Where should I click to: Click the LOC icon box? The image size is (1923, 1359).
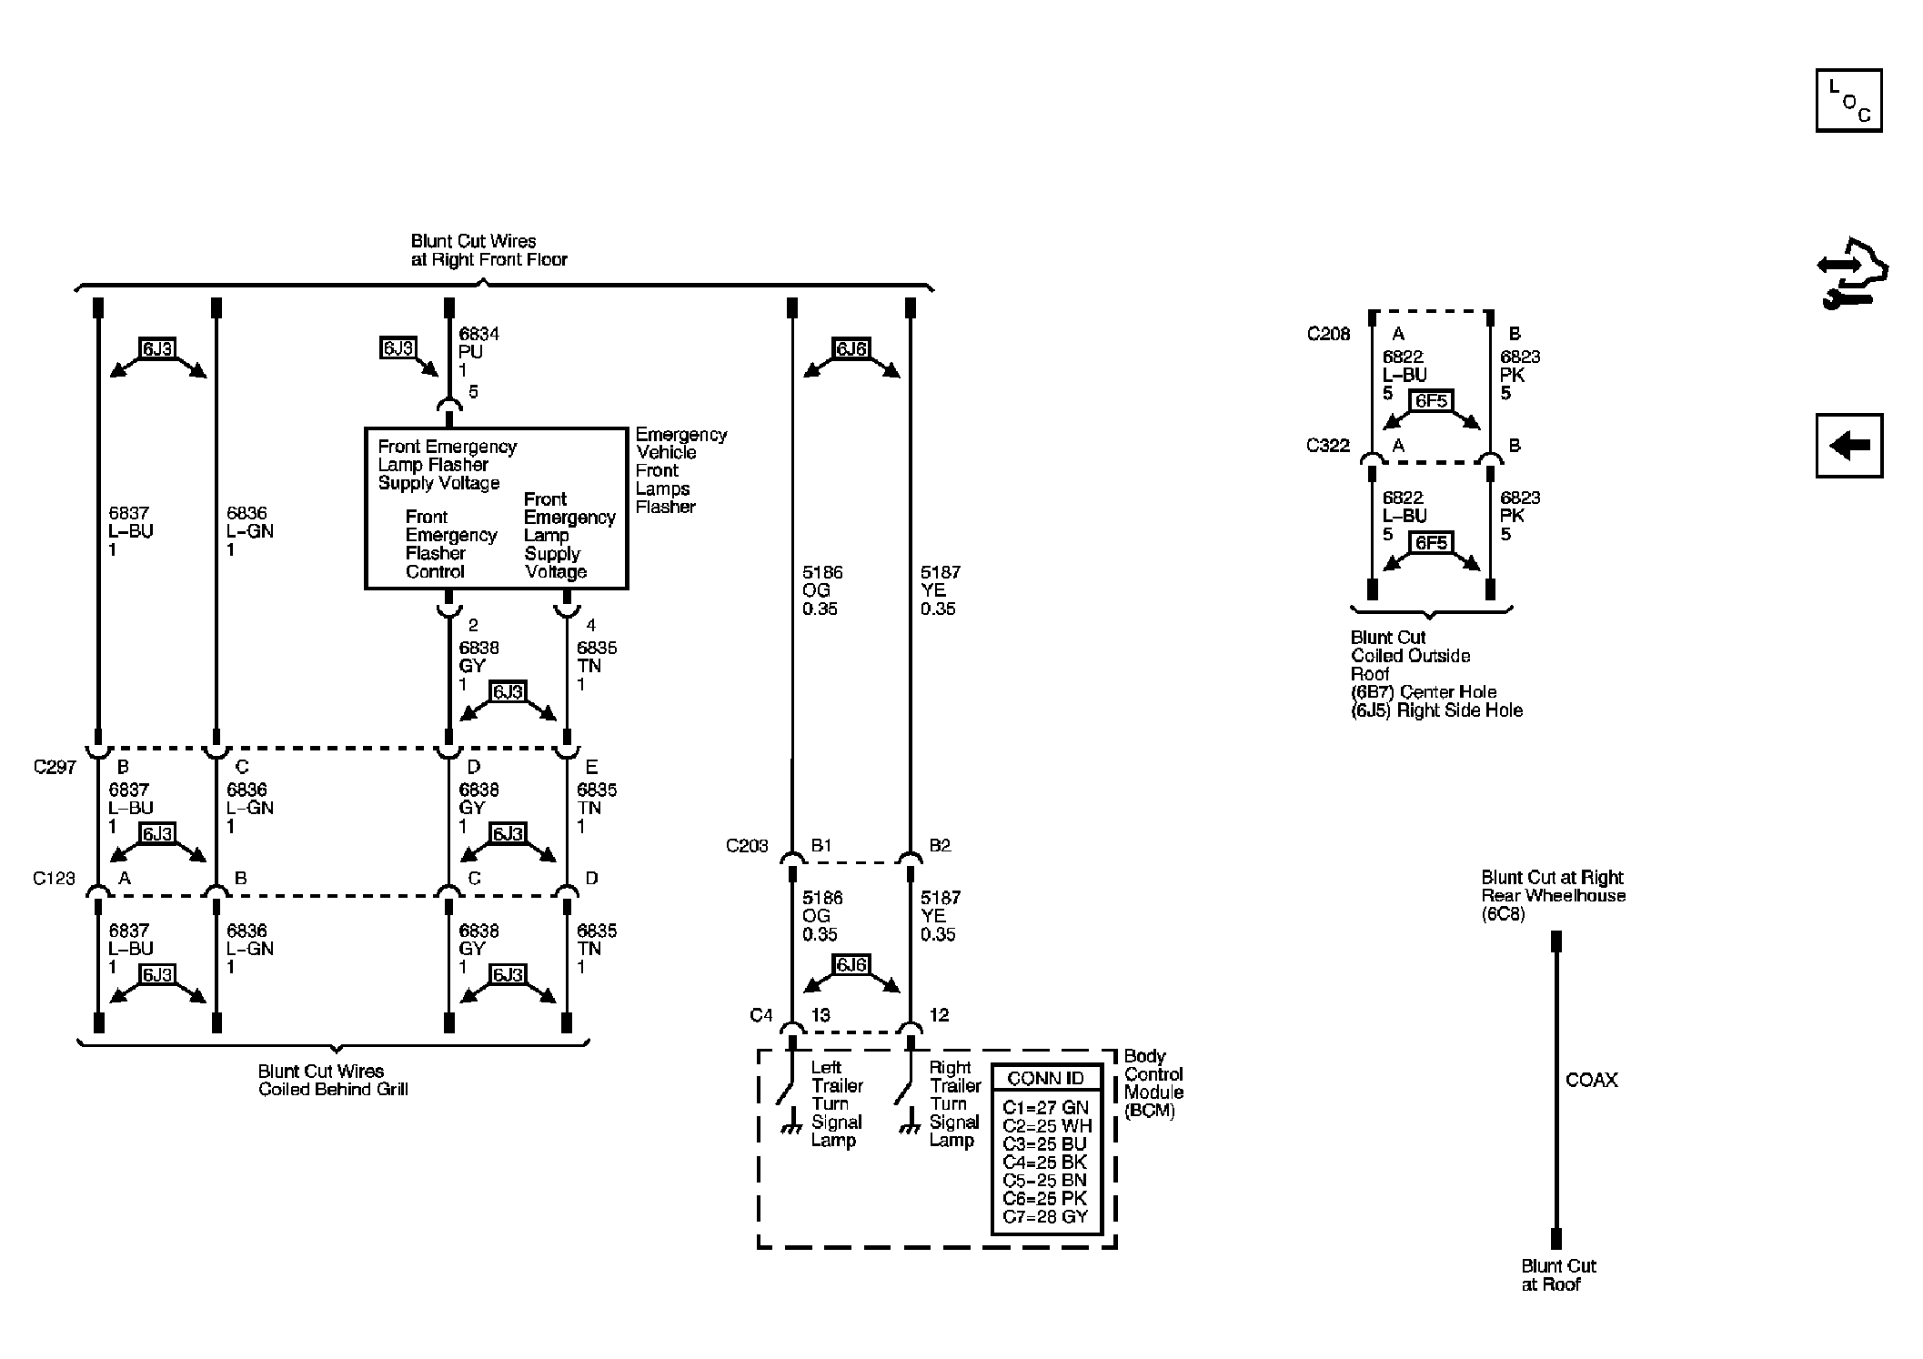click(x=1848, y=100)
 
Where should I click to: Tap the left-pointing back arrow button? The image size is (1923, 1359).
click(x=1848, y=446)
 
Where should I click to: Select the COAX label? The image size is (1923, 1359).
click(x=1592, y=1081)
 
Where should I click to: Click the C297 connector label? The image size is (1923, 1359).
click(x=55, y=767)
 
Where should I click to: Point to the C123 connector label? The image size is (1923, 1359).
click(x=55, y=879)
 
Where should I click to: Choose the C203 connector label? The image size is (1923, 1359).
click(x=747, y=846)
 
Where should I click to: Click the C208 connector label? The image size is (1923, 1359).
click(x=1328, y=334)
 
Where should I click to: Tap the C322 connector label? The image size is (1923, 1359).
click(x=1328, y=446)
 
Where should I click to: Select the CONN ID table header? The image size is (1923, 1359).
click(x=1045, y=1079)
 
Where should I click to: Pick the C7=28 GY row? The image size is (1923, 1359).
click(x=1045, y=1217)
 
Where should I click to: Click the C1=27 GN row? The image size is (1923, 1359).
click(x=1045, y=1108)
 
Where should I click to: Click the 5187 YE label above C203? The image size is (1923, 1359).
click(x=940, y=590)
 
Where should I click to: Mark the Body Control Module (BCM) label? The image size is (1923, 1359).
click(x=1153, y=1083)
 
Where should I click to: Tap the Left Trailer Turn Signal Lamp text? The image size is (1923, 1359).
click(x=837, y=1103)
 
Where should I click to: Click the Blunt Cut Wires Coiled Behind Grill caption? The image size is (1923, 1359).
click(x=333, y=1081)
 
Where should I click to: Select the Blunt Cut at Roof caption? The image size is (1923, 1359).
click(x=1558, y=1275)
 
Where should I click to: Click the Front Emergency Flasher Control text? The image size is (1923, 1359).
click(x=451, y=544)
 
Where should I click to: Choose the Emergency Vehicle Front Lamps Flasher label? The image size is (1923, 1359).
click(x=681, y=471)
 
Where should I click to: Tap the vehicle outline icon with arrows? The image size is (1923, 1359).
click(x=1852, y=273)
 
